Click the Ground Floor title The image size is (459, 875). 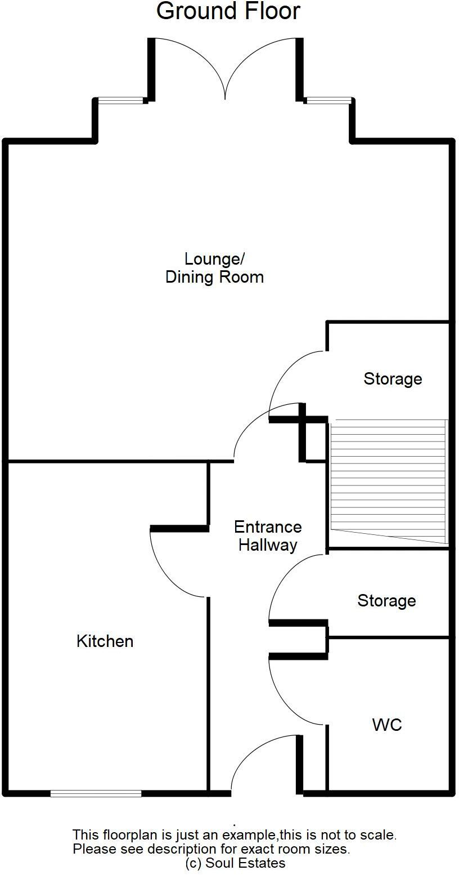click(x=228, y=11)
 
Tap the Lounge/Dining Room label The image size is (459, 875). click(x=214, y=268)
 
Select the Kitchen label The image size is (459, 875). click(x=105, y=641)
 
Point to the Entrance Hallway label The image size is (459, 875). click(x=268, y=536)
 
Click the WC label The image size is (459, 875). click(x=387, y=725)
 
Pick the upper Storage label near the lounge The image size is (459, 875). click(x=393, y=379)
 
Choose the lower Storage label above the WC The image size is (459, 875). click(x=386, y=600)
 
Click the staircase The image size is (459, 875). click(x=388, y=481)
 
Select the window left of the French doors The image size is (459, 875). click(x=120, y=100)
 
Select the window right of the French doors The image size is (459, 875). click(x=328, y=100)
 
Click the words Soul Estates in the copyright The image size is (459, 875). click(x=245, y=863)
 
